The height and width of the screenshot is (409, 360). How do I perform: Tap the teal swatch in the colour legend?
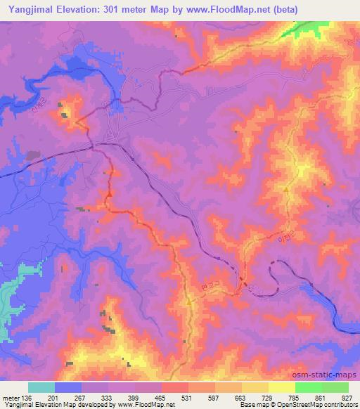pyautogui.click(x=41, y=387)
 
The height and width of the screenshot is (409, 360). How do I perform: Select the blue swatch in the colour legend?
pyautogui.click(x=68, y=387)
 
